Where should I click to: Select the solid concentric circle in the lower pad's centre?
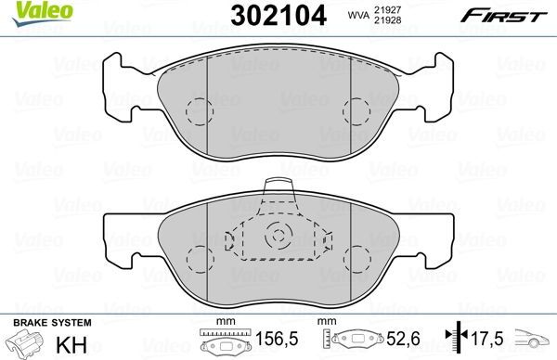coord(276,237)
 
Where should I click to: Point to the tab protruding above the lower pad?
coord(277,189)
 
